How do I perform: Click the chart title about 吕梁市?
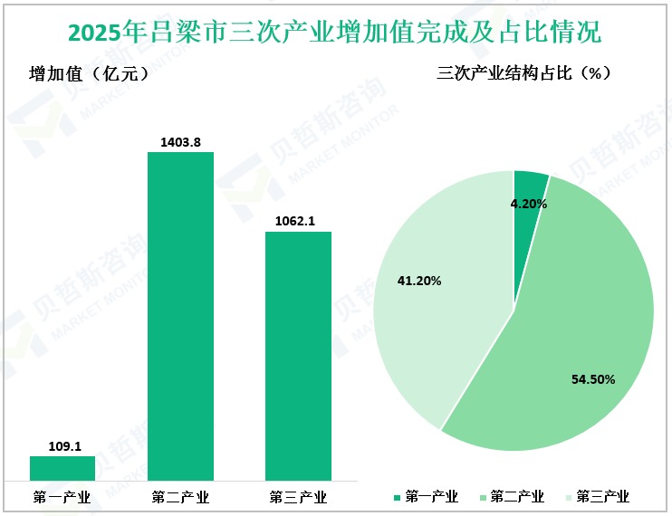(335, 33)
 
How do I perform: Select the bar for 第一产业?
(62, 468)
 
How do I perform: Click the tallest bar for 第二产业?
(180, 316)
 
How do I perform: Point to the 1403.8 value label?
(180, 141)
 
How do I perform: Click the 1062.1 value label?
(298, 221)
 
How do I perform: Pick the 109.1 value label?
(62, 445)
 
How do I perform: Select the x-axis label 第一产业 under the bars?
(62, 497)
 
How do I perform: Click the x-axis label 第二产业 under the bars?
(180, 497)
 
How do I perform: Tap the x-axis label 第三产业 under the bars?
(298, 497)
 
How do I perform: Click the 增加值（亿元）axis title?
(89, 74)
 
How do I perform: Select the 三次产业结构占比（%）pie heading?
(523, 73)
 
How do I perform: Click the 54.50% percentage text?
(593, 379)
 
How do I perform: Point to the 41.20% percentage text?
(419, 282)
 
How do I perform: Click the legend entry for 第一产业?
(427, 497)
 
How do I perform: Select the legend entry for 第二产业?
(512, 497)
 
